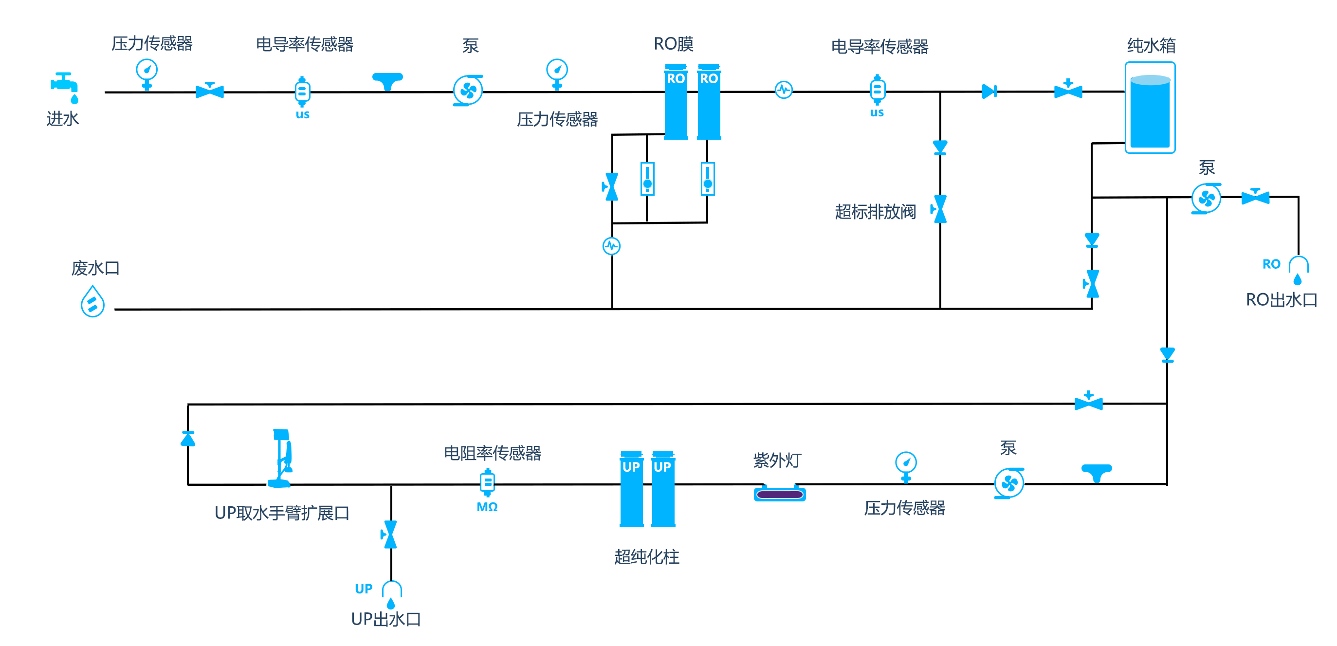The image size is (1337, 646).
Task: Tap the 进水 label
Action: coord(63,119)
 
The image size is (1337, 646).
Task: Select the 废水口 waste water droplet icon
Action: coord(92,301)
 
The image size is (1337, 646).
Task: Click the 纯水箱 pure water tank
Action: coord(1150,108)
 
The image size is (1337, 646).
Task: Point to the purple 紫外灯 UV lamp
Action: coord(780,493)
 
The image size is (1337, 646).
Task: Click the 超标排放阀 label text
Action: coord(875,212)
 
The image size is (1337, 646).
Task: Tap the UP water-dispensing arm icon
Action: coord(281,458)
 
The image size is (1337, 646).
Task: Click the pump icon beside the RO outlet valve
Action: coord(1206,198)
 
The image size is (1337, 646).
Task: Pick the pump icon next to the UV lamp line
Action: coord(1009,483)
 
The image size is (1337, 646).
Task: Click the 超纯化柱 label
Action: coord(647,557)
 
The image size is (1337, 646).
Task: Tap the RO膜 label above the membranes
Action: coord(674,44)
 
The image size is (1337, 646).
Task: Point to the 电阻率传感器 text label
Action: coord(493,453)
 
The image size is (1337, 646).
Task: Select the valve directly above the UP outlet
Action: coord(390,535)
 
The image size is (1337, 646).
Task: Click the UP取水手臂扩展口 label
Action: coord(282,513)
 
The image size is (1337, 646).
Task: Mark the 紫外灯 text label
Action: coord(777,461)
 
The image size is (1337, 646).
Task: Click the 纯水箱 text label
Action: coord(1151,46)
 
